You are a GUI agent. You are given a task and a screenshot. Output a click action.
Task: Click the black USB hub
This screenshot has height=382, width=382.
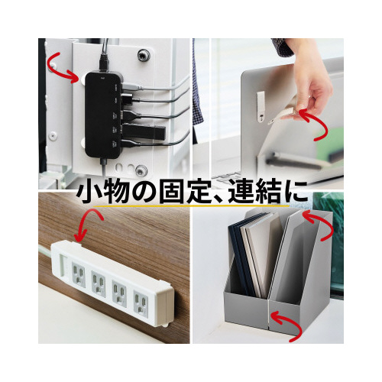click(103, 115)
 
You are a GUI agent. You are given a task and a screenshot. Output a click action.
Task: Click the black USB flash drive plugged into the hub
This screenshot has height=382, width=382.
click(143, 131)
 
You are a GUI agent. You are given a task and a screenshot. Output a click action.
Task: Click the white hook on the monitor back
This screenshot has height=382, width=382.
click(261, 107)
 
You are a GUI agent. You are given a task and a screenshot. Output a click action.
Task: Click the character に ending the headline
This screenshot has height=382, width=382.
click(295, 193)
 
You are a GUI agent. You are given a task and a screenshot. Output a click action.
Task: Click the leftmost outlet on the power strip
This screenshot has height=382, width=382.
click(79, 272)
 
